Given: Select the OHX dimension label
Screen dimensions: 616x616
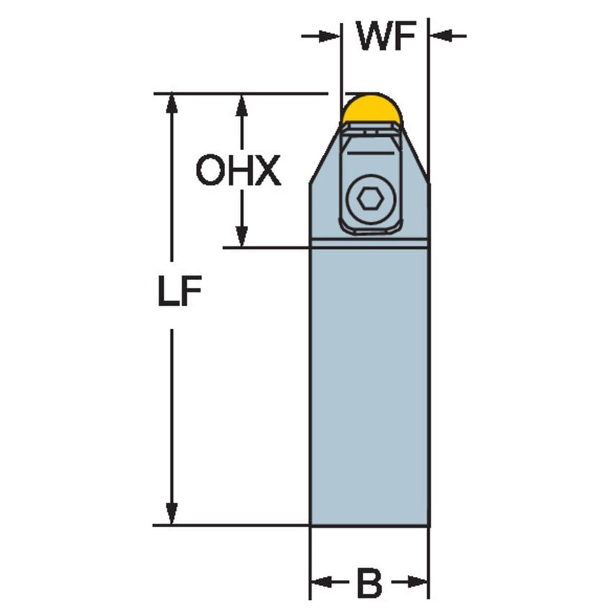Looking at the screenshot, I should point(238,172).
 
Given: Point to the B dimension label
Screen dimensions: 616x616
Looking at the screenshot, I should point(369,583).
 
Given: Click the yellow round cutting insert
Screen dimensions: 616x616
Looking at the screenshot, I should point(371,109).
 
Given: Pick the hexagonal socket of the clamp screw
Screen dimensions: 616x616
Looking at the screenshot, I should point(370,199).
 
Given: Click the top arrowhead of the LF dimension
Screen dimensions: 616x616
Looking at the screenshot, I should point(172,104).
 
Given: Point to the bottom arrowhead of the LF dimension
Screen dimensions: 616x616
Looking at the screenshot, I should point(172,513).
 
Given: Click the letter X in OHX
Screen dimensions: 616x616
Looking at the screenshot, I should point(268,172).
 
